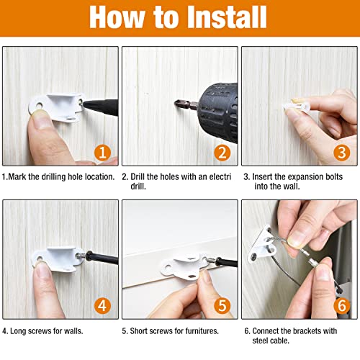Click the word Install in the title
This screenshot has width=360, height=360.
click(227, 17)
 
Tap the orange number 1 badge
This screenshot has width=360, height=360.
click(102, 153)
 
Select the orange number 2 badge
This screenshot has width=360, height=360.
click(222, 153)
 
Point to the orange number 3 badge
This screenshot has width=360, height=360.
click(342, 153)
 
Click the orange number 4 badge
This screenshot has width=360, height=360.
click(102, 306)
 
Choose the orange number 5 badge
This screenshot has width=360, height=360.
click(222, 306)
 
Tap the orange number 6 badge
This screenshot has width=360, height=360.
click(342, 306)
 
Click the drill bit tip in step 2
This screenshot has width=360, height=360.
click(176, 104)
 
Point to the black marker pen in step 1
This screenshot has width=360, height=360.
click(100, 107)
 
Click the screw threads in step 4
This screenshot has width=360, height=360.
click(81, 256)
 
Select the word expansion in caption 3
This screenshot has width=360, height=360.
click(305, 177)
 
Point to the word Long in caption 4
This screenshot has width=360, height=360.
click(18, 331)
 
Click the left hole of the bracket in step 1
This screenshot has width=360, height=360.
click(39, 105)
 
